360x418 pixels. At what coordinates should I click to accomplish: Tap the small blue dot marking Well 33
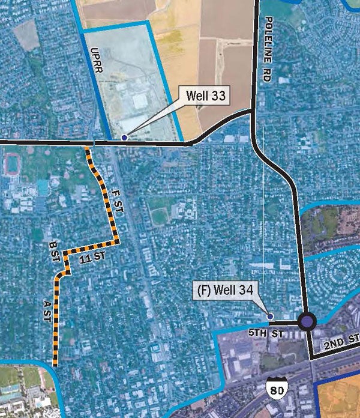pyautogui.click(x=124, y=138)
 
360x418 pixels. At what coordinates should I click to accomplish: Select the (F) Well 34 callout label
pyautogui.click(x=226, y=292)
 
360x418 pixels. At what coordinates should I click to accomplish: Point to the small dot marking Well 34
pyautogui.click(x=269, y=316)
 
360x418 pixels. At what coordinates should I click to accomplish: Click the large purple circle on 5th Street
pyautogui.click(x=307, y=323)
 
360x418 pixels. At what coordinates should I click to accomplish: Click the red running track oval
pyautogui.click(x=11, y=165)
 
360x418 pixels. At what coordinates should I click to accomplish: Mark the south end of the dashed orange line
pyautogui.click(x=55, y=363)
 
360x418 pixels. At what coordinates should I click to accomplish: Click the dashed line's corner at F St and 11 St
pyautogui.click(x=118, y=242)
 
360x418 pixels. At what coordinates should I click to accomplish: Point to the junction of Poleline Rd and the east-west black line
pyautogui.click(x=253, y=112)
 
